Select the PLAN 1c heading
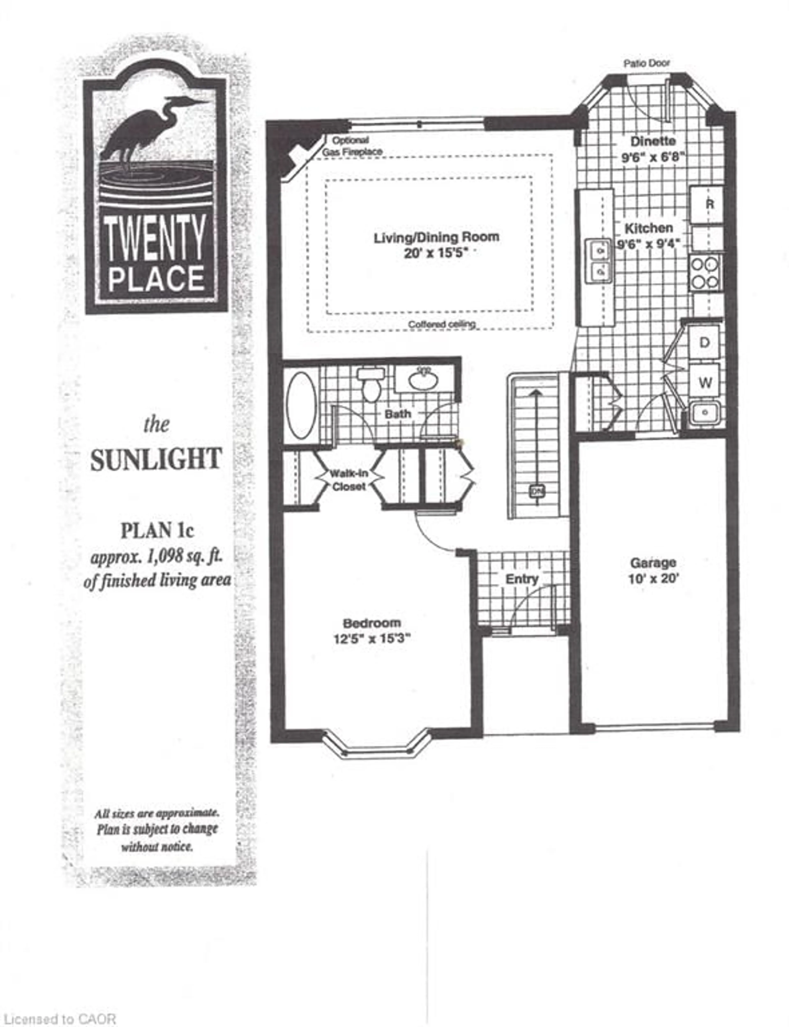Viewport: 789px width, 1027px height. (x=157, y=531)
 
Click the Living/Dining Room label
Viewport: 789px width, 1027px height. (x=436, y=237)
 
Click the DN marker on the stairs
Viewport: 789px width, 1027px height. (x=536, y=491)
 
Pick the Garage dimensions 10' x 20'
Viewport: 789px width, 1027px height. (x=653, y=578)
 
